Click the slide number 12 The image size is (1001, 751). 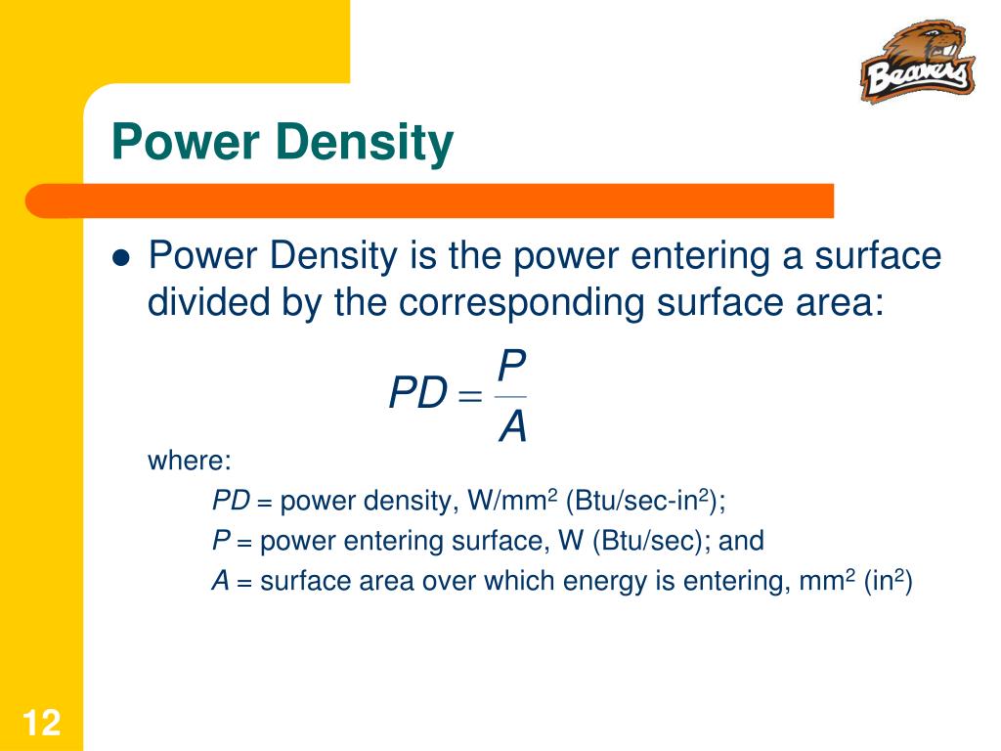[41, 725]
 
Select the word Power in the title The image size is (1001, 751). [186, 143]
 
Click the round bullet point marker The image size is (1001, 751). [121, 258]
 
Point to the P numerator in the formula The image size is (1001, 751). [511, 367]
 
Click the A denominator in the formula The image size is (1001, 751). [512, 426]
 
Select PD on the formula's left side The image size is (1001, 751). [417, 395]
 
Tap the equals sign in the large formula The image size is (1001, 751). [470, 396]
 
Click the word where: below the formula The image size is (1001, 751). [190, 461]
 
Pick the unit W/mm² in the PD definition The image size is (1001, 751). [512, 502]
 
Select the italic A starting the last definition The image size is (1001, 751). [221, 582]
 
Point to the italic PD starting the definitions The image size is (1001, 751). [232, 502]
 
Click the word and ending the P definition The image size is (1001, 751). [742, 541]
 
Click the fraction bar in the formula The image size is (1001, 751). [511, 396]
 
